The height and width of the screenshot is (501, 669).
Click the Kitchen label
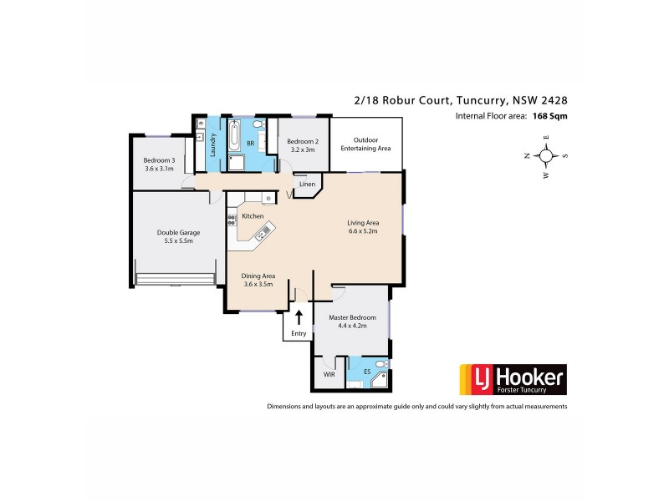coord(253,216)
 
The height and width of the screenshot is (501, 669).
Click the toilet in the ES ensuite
coord(380,365)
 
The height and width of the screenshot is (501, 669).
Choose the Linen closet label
coord(307,185)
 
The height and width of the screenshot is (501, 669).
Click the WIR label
coord(329,375)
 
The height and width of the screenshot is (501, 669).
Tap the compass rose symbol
coord(546,155)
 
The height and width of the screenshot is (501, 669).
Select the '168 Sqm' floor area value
coord(549,117)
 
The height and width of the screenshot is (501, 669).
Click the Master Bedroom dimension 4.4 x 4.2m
coord(352,326)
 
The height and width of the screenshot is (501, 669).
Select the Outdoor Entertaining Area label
coord(365,144)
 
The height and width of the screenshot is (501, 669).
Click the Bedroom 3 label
coord(159,160)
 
